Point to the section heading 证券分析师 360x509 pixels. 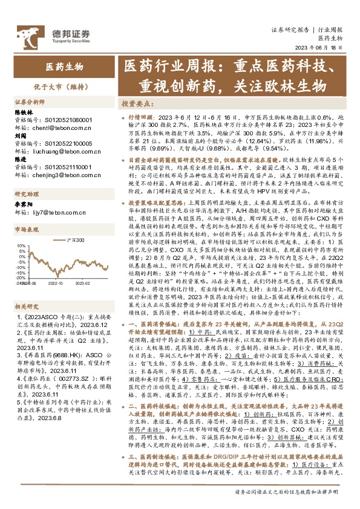point(30,102)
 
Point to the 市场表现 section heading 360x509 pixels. point(27,229)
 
